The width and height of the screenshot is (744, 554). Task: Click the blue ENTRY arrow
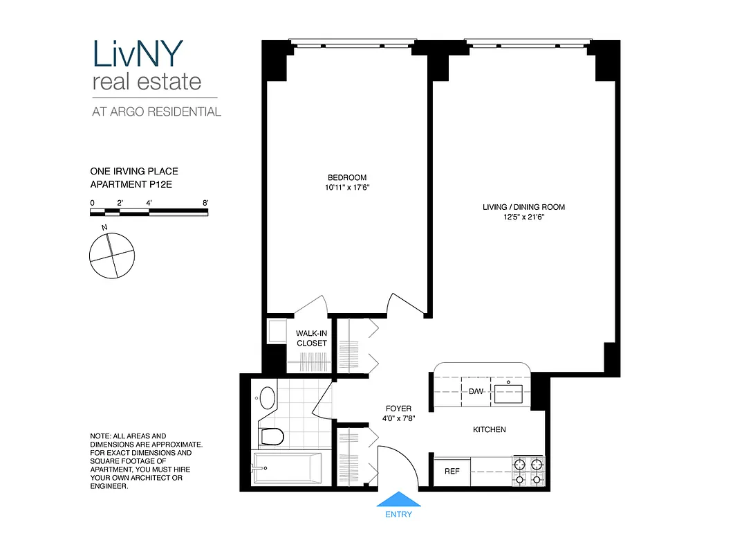coord(398,500)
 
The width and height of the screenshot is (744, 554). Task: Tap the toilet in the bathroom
coord(272,437)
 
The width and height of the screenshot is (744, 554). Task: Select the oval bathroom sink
coord(267,397)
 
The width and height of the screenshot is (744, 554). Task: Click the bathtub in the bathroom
coord(288,469)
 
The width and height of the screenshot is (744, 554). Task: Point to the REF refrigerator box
coord(452,472)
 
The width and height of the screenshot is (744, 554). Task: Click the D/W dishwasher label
coord(476,391)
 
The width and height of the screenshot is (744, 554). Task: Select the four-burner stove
coord(528,471)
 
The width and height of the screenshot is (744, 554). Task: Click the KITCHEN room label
coord(489,430)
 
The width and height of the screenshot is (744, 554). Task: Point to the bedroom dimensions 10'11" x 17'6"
coord(347,187)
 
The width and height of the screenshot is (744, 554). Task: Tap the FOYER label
coord(398,409)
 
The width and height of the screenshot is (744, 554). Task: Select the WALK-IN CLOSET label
coord(311,338)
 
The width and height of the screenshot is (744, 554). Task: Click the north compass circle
coord(111,256)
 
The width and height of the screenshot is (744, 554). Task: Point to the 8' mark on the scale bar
coord(205,202)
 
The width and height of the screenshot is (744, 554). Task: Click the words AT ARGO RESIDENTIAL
coord(156,111)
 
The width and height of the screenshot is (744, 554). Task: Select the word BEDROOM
coord(347,177)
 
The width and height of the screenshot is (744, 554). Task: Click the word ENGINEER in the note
coord(109,487)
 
